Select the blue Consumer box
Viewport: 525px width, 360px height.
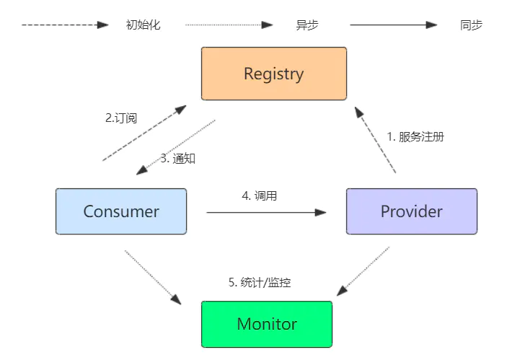[121, 211]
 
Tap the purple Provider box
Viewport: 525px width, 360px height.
[411, 211]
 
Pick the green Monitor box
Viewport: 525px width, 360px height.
[266, 324]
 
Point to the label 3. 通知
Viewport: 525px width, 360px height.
[177, 159]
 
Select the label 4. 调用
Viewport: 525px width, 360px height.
[259, 196]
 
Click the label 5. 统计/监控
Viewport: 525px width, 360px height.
[260, 283]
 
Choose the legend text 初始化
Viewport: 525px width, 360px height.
[143, 25]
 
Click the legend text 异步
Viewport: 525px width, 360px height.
[306, 25]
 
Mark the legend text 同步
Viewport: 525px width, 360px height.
[471, 25]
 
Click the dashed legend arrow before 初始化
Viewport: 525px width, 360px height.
[65, 25]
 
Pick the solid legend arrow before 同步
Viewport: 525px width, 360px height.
[394, 25]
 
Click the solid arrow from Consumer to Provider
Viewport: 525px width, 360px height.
[266, 212]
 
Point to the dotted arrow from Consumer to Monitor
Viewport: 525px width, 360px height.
[152, 277]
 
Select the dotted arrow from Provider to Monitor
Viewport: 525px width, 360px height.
[364, 270]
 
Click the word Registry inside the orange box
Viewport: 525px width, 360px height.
[273, 74]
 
